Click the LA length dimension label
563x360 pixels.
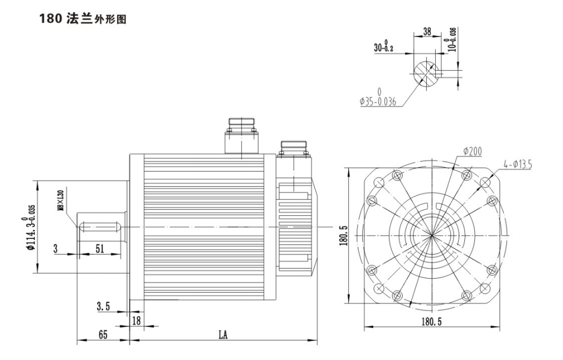click(x=223, y=335)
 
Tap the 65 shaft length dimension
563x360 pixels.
click(x=103, y=335)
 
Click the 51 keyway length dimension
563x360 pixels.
click(x=99, y=249)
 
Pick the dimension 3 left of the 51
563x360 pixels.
click(x=56, y=249)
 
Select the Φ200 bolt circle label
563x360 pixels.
click(x=473, y=151)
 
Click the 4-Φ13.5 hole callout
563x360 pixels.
click(x=517, y=164)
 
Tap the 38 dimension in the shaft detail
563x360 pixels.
click(x=427, y=32)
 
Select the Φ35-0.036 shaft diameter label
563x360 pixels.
click(x=379, y=99)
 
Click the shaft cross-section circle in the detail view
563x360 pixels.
click(x=426, y=72)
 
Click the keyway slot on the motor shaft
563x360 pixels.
click(x=101, y=227)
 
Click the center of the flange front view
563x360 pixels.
click(x=432, y=234)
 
